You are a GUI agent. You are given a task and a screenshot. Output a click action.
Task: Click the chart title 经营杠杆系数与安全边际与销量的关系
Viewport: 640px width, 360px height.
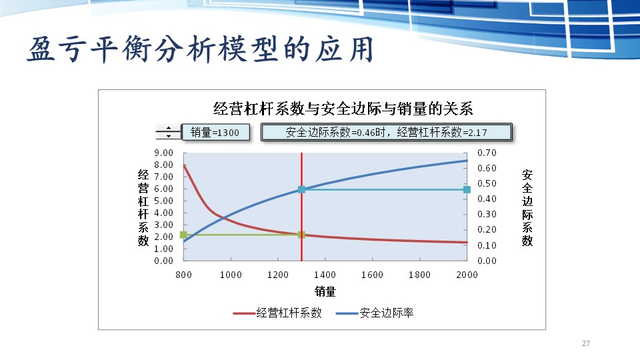pos(343,108)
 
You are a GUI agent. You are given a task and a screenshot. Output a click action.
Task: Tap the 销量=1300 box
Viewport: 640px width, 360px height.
pos(215,132)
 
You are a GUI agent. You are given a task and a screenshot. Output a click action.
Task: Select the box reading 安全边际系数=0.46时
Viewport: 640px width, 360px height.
pos(386,132)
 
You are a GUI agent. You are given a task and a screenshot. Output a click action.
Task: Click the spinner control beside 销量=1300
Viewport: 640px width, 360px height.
pos(168,132)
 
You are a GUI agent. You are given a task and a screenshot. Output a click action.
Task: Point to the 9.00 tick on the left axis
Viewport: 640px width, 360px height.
pos(164,153)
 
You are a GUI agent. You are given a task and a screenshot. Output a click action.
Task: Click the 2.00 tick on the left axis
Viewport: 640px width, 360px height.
pos(164,237)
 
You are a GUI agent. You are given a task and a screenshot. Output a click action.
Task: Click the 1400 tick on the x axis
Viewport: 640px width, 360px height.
pos(325,275)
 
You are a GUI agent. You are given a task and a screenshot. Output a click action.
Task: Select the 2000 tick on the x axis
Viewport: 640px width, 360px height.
pos(467,275)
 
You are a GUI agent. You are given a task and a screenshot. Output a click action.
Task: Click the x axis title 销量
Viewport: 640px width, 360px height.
pos(325,291)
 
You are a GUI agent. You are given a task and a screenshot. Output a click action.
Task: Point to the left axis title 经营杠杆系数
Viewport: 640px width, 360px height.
pos(143,207)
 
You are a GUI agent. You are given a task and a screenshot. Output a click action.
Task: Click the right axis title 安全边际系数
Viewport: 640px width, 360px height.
pos(527,207)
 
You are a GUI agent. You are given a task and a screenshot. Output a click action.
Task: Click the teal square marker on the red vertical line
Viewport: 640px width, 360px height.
pos(301,189)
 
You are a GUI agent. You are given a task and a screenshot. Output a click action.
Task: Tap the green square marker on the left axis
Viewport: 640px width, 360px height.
pos(183,235)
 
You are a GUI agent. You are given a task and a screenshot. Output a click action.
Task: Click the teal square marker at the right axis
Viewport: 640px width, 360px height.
pos(467,189)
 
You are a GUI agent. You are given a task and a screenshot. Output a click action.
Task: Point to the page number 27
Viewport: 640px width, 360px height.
pos(586,343)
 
